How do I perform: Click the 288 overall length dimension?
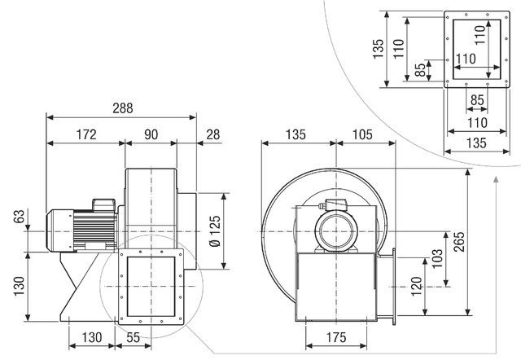tap(121, 108)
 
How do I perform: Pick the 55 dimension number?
tap(134, 337)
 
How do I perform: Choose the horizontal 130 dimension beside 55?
tap(92, 337)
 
